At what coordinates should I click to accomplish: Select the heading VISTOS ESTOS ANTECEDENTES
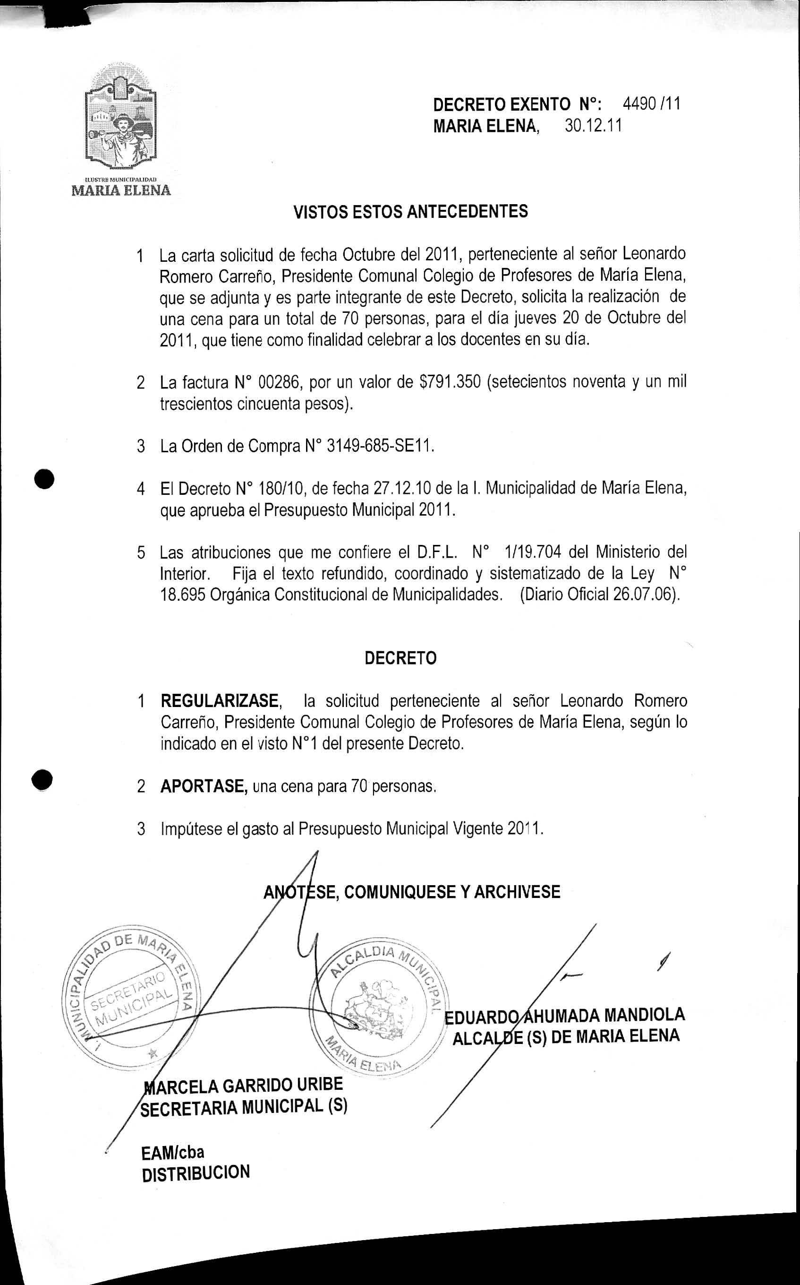click(410, 212)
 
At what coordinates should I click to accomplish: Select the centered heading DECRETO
click(400, 658)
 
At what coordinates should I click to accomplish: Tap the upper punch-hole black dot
click(45, 480)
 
